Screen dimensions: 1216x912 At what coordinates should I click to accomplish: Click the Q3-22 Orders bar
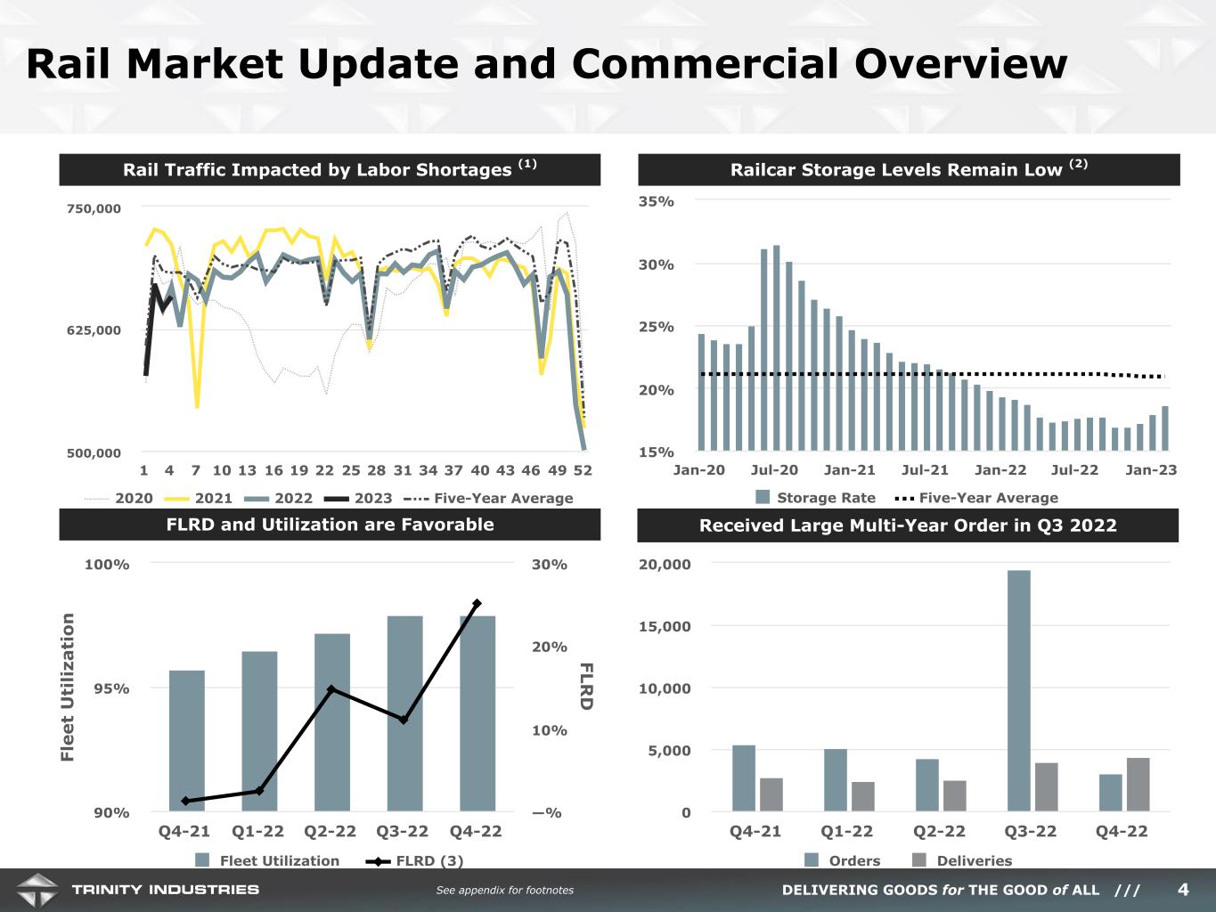click(x=1019, y=690)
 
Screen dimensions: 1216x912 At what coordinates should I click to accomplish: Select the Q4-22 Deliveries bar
click(x=1138, y=785)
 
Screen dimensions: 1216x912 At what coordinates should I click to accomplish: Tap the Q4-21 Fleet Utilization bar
click(x=187, y=741)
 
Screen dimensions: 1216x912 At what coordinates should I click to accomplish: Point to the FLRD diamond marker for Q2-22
click(x=331, y=689)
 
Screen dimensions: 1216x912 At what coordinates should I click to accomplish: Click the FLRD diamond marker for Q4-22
click(x=477, y=603)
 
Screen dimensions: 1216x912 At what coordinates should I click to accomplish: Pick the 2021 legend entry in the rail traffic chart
click(x=199, y=499)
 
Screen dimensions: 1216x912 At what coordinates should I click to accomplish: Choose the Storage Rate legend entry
click(x=815, y=497)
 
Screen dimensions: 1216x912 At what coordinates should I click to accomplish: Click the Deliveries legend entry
click(x=962, y=860)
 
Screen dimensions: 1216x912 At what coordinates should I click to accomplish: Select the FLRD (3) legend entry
click(x=414, y=861)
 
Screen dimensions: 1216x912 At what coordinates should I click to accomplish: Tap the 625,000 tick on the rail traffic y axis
click(x=94, y=330)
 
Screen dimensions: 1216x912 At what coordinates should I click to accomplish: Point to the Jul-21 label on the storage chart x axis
click(x=925, y=470)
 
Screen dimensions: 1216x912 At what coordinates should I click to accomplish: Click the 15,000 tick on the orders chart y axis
click(x=665, y=626)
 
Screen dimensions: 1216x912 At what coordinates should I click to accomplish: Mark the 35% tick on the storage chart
click(x=657, y=201)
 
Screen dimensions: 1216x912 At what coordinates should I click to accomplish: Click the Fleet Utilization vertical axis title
click(x=67, y=688)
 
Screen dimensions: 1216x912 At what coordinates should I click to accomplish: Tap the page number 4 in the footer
click(x=1183, y=890)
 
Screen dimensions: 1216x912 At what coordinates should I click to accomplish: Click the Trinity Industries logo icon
click(x=37, y=891)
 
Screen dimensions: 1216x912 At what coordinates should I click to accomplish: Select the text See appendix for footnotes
click(x=505, y=890)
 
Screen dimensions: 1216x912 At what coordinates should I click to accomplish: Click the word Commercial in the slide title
click(x=707, y=63)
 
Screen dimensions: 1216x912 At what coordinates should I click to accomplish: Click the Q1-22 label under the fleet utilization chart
click(x=257, y=831)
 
